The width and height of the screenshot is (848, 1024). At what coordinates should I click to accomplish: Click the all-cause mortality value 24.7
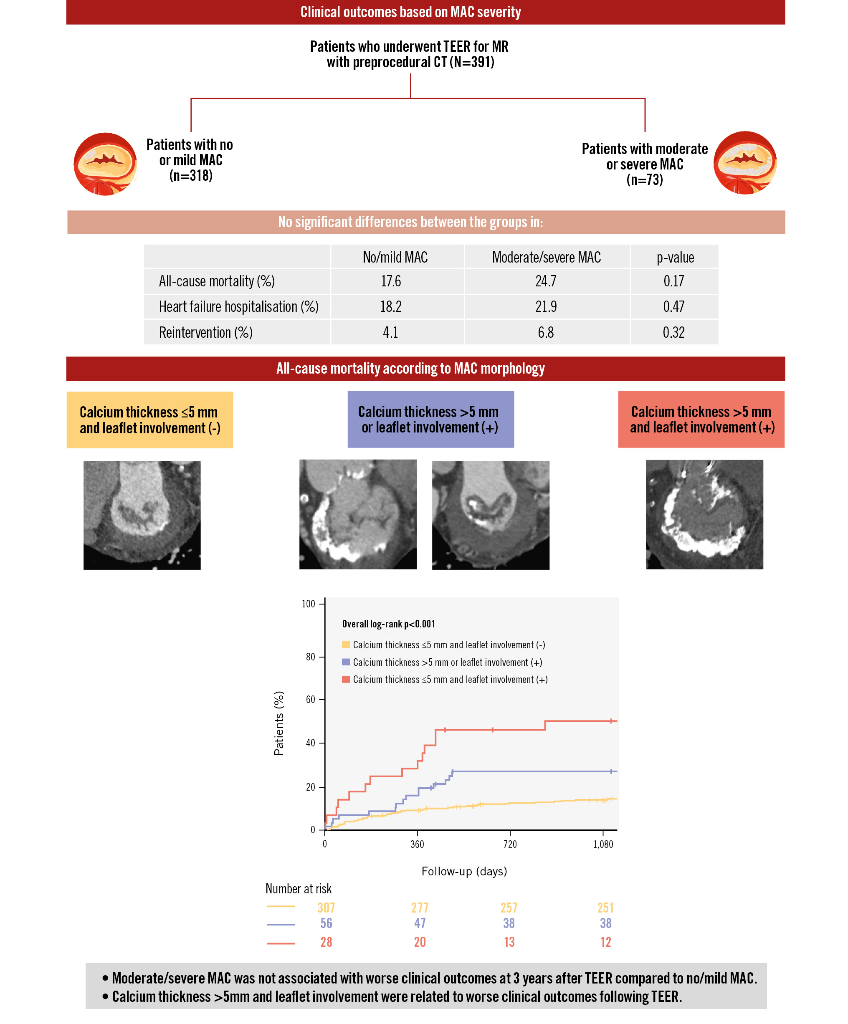pyautogui.click(x=546, y=281)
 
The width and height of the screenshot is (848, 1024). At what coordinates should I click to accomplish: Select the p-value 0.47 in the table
pyautogui.click(x=673, y=307)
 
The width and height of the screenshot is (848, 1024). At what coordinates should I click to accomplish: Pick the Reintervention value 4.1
pyautogui.click(x=390, y=333)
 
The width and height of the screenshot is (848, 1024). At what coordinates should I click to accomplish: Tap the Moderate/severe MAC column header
pyautogui.click(x=546, y=258)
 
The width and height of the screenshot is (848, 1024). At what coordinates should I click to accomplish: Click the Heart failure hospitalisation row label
pyautogui.click(x=238, y=307)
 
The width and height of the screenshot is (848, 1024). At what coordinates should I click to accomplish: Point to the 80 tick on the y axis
pyautogui.click(x=311, y=657)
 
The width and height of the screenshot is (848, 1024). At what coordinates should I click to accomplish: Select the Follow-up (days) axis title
pyautogui.click(x=464, y=871)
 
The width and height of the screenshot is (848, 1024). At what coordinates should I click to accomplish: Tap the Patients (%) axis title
pyautogui.click(x=279, y=723)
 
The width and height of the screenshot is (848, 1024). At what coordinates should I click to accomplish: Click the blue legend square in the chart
pyautogui.click(x=346, y=662)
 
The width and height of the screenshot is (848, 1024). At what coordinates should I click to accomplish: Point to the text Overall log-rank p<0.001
pyautogui.click(x=388, y=624)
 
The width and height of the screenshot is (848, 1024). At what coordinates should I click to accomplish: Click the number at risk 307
pyautogui.click(x=326, y=908)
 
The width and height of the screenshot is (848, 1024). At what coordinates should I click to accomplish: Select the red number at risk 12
pyautogui.click(x=606, y=942)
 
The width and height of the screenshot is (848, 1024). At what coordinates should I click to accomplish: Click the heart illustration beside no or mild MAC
pyautogui.click(x=105, y=164)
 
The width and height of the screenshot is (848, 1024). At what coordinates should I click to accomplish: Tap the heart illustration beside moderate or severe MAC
pyautogui.click(x=744, y=163)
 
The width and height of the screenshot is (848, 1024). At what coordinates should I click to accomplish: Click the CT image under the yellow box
pyautogui.click(x=142, y=515)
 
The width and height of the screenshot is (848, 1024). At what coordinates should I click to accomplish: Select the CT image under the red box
pyautogui.click(x=704, y=514)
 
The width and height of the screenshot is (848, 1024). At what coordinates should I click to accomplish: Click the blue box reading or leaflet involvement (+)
pyautogui.click(x=430, y=420)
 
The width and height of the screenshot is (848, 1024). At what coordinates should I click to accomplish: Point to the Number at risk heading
pyautogui.click(x=298, y=888)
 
